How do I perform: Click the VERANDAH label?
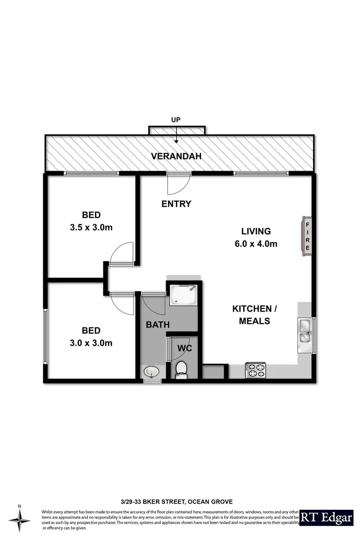click(176, 156)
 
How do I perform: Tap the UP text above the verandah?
click(177, 119)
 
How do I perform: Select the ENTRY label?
click(176, 204)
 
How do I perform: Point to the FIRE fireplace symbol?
click(307, 236)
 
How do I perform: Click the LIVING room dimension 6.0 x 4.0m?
click(256, 244)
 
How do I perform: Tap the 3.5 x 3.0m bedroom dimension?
click(91, 227)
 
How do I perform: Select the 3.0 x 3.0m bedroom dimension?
click(91, 343)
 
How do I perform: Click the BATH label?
click(157, 324)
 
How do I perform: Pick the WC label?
click(185, 348)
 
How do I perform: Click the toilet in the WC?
click(181, 370)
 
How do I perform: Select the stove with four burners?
click(255, 370)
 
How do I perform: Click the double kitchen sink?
click(305, 332)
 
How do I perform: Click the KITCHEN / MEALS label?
click(254, 314)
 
